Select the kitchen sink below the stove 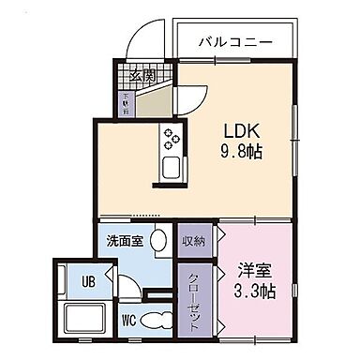(x=172, y=171)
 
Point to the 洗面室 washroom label (x=124, y=240)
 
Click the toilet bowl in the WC (x=160, y=320)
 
